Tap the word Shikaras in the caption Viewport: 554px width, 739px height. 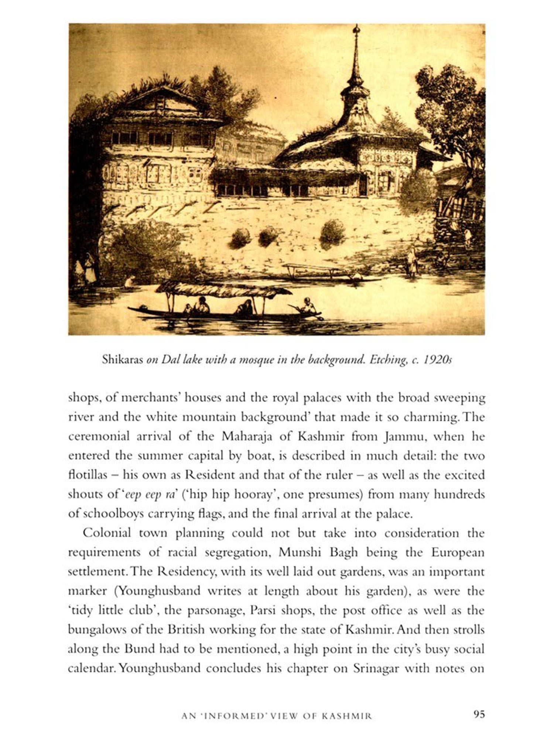[x=122, y=360]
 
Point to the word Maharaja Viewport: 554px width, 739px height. [x=247, y=436]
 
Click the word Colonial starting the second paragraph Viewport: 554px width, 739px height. [x=107, y=533]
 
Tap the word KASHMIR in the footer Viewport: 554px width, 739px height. [x=347, y=716]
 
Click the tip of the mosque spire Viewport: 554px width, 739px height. [x=356, y=27]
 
